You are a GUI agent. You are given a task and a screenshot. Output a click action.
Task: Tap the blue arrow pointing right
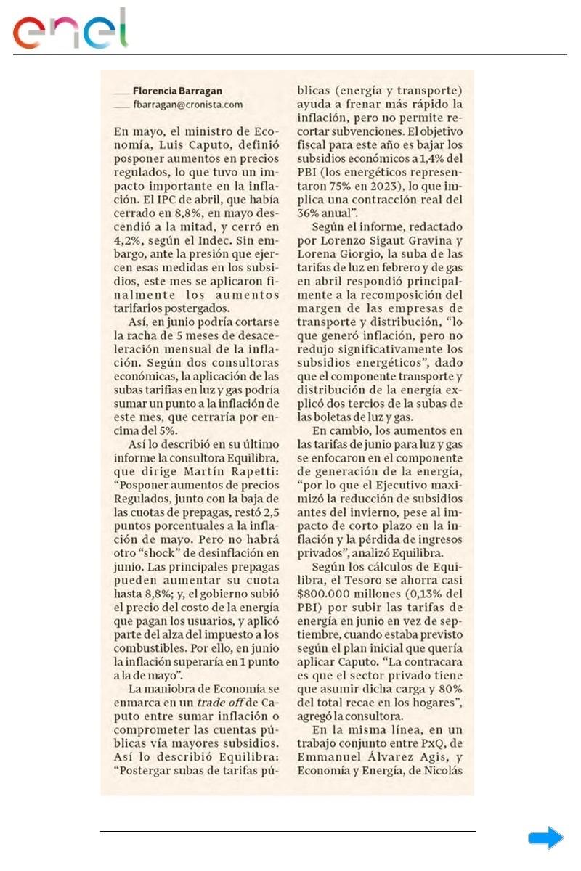coord(545,838)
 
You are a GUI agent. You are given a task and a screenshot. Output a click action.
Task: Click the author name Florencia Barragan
coord(177,91)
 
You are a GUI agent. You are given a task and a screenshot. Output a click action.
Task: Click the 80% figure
coord(449,689)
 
